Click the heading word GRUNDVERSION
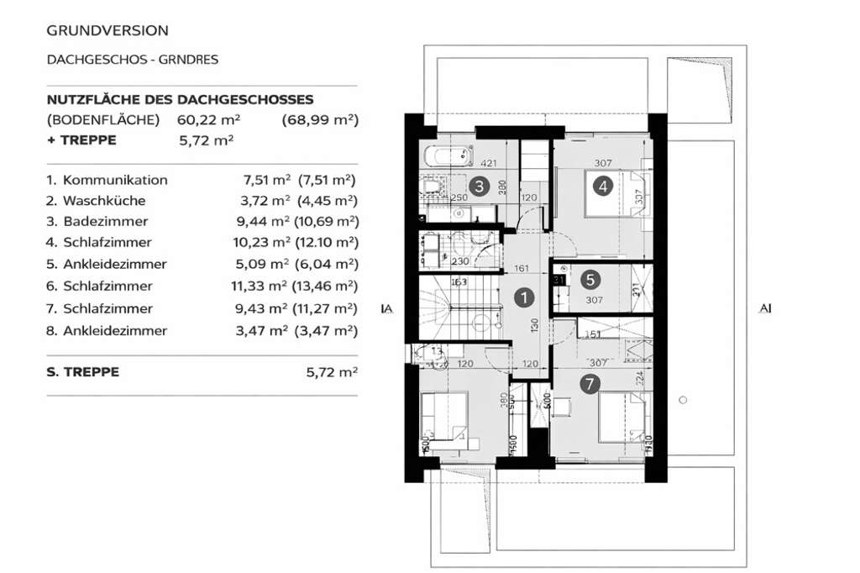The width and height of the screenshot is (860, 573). pyautogui.click(x=107, y=30)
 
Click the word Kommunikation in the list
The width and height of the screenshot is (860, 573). pyautogui.click(x=115, y=180)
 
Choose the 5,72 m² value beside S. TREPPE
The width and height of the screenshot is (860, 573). pyautogui.click(x=333, y=371)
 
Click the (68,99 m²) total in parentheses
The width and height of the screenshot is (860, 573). pyautogui.click(x=320, y=120)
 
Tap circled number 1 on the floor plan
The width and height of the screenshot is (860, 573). pyautogui.click(x=523, y=297)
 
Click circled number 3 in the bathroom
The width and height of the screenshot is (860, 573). pyautogui.click(x=478, y=187)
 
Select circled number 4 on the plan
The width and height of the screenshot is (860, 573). pyautogui.click(x=602, y=187)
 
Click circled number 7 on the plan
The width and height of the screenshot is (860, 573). pyautogui.click(x=590, y=384)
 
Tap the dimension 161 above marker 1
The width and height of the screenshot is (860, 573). pyautogui.click(x=522, y=270)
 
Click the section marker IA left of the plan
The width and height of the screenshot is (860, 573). pyautogui.click(x=387, y=309)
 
